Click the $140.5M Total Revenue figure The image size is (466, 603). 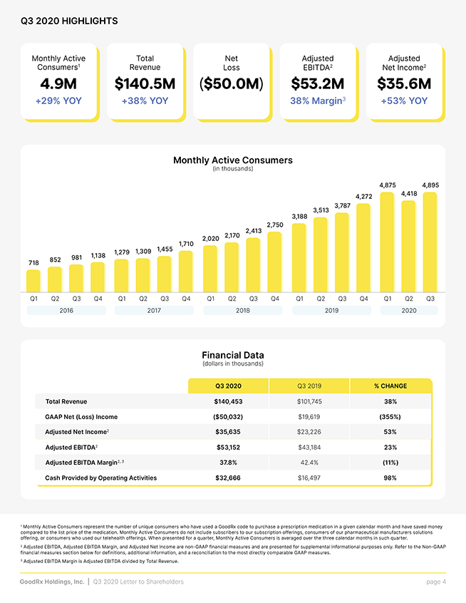click(x=145, y=84)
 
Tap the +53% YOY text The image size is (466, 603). click(x=404, y=100)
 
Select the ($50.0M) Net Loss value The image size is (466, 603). click(x=232, y=84)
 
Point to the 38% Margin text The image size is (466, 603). click(x=318, y=100)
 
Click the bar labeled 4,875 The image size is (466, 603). click(x=387, y=242)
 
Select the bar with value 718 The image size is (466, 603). click(x=33, y=281)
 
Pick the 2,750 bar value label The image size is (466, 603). click(x=275, y=225)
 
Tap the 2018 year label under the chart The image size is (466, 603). click(x=242, y=310)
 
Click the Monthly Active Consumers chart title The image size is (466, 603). click(x=233, y=160)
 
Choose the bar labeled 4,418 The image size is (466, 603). click(x=409, y=247)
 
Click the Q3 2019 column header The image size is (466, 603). click(x=309, y=386)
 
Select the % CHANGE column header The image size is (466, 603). click(x=390, y=386)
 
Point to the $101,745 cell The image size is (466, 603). click(x=309, y=401)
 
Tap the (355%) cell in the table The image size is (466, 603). click(x=390, y=417)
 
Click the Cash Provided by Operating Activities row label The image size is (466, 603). click(x=100, y=478)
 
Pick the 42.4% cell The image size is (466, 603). click(x=309, y=463)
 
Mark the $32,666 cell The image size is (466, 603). click(x=228, y=478)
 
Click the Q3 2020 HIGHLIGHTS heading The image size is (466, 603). click(x=69, y=21)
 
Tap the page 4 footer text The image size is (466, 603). click(x=436, y=582)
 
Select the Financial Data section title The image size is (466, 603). click(x=233, y=355)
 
